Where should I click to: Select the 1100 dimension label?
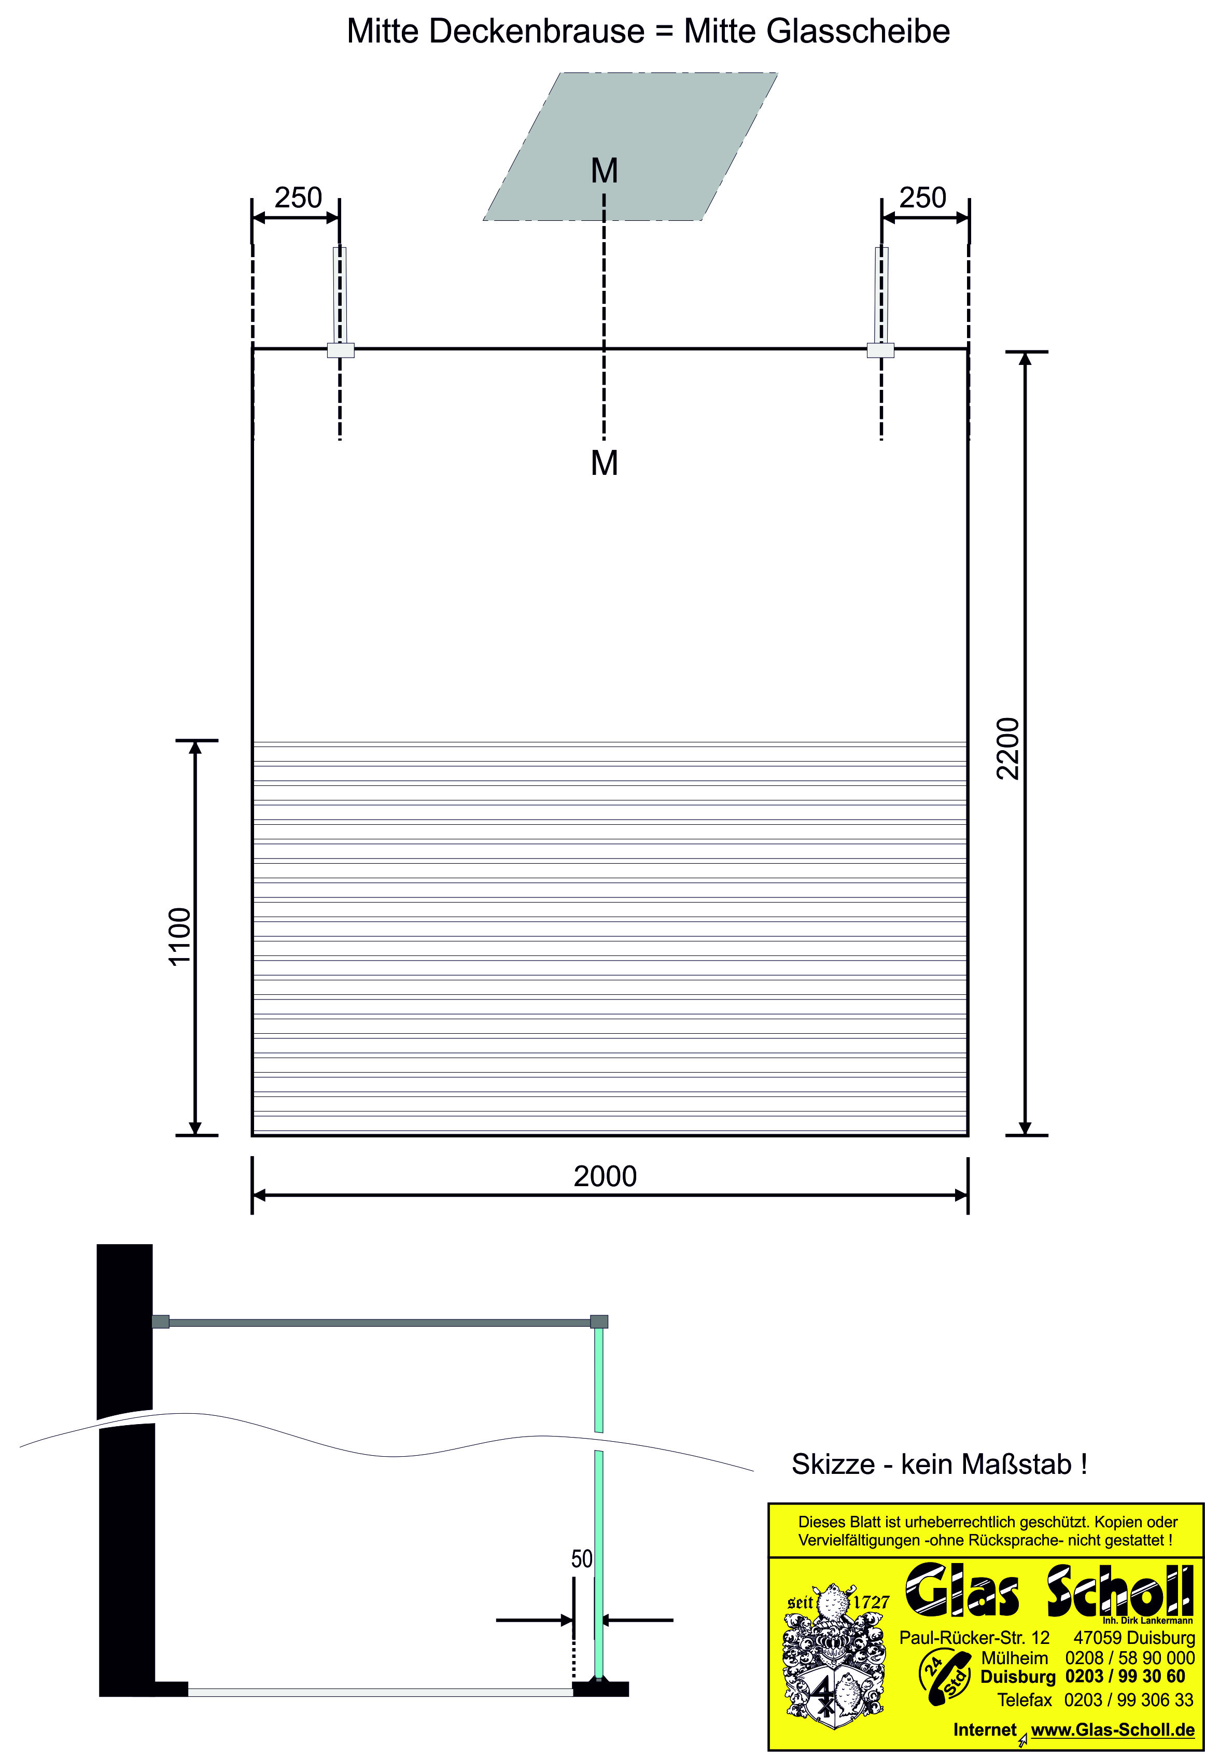(180, 936)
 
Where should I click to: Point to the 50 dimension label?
(581, 1559)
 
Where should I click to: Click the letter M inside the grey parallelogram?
(604, 171)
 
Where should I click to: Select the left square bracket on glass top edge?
(341, 350)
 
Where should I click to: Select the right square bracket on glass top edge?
(880, 350)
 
